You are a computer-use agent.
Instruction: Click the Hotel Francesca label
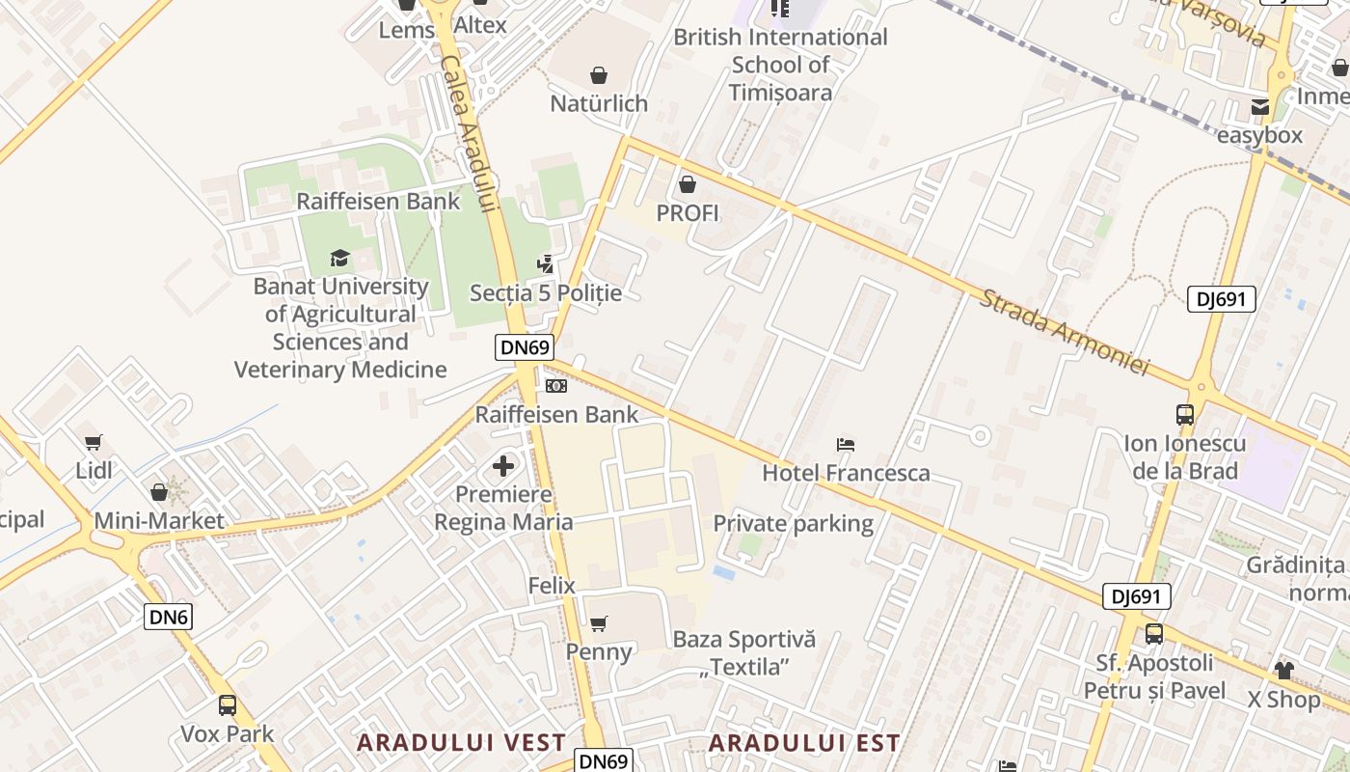pyautogui.click(x=846, y=473)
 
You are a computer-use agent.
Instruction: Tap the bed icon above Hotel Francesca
pyautogui.click(x=846, y=445)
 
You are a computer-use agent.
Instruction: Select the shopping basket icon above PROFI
pyautogui.click(x=688, y=183)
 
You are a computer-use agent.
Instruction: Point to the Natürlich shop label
pyautogui.click(x=599, y=103)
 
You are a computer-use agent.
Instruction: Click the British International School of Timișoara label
pyautogui.click(x=780, y=65)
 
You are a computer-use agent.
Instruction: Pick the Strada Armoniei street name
pyautogui.click(x=1066, y=332)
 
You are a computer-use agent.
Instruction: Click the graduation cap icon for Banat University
pyautogui.click(x=339, y=258)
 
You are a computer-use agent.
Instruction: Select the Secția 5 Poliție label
pyautogui.click(x=546, y=292)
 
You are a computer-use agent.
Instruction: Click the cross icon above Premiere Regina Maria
pyautogui.click(x=503, y=467)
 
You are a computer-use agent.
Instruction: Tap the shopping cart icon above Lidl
pyautogui.click(x=94, y=443)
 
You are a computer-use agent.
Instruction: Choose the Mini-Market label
pyautogui.click(x=159, y=521)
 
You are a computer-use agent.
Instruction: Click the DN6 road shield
pyautogui.click(x=169, y=617)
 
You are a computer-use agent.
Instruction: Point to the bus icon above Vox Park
pyautogui.click(x=228, y=705)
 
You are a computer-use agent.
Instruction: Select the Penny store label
pyautogui.click(x=599, y=651)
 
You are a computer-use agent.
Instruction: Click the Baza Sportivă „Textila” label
pyautogui.click(x=744, y=652)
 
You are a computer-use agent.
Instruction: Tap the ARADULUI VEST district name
pyautogui.click(x=461, y=743)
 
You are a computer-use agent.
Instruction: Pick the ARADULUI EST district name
pyautogui.click(x=804, y=743)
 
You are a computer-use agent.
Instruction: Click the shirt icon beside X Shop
pyautogui.click(x=1283, y=670)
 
